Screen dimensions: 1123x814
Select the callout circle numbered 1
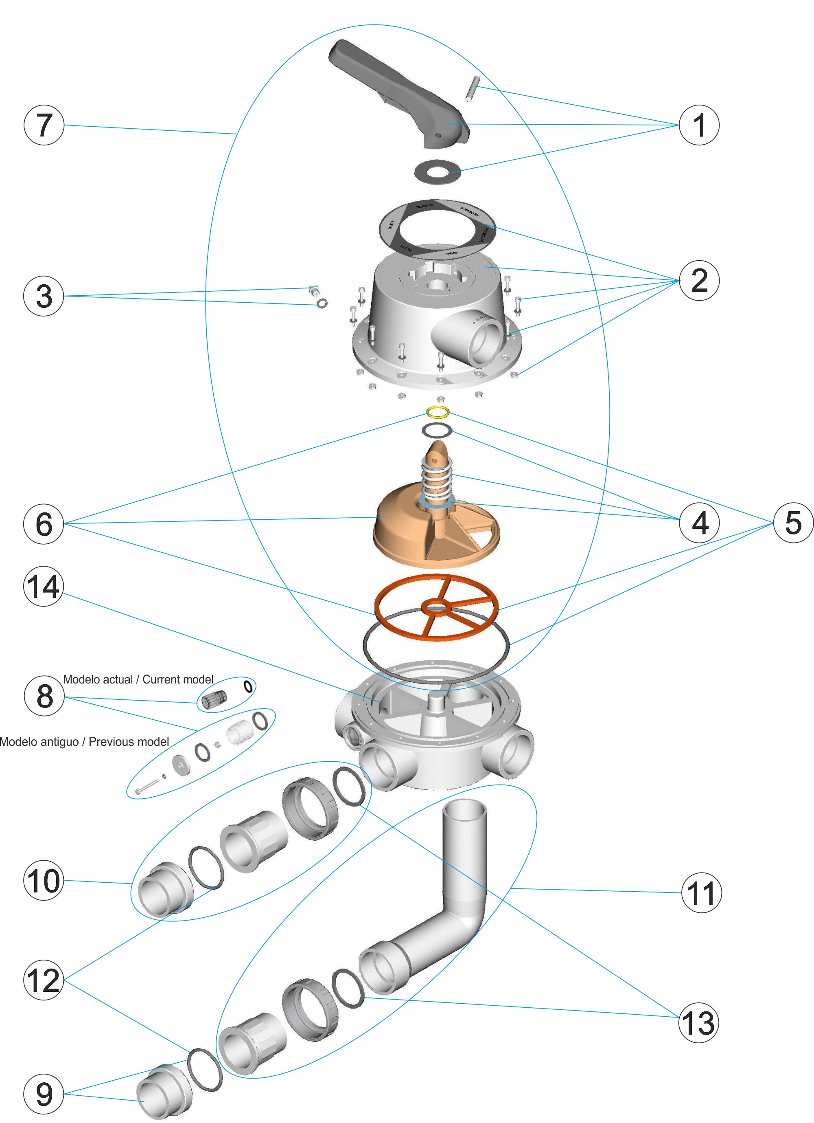699,125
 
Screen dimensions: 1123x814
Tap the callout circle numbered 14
44,587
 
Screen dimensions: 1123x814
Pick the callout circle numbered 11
701,893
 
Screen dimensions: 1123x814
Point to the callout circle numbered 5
793,523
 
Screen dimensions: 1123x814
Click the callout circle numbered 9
44,1094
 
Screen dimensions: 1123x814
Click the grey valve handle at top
396,89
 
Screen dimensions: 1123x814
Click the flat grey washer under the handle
438,172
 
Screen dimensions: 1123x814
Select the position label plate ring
438,228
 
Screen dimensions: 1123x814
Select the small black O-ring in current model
248,686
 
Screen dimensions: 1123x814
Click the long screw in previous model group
147,786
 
